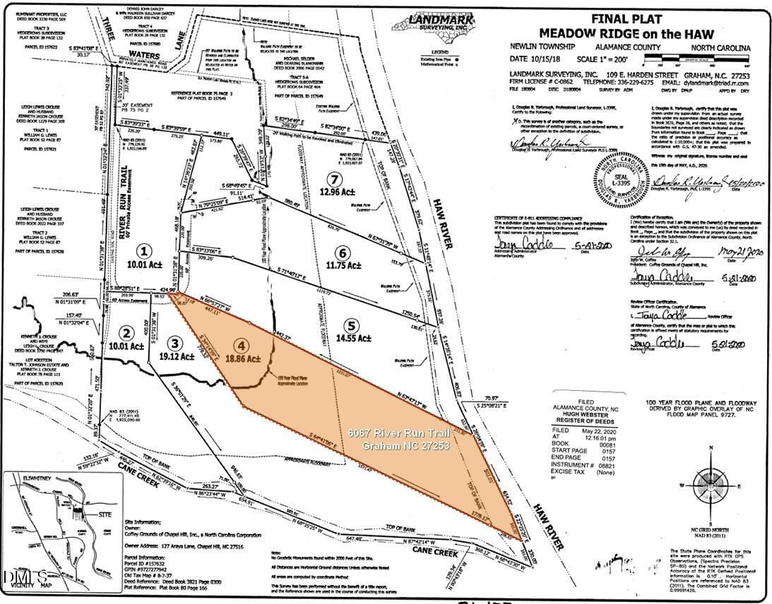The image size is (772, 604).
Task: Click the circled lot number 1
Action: click(144, 250)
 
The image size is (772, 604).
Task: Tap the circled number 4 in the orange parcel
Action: click(242, 346)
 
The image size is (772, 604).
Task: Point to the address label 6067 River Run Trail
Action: click(399, 433)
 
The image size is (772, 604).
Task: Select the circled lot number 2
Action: click(126, 333)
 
